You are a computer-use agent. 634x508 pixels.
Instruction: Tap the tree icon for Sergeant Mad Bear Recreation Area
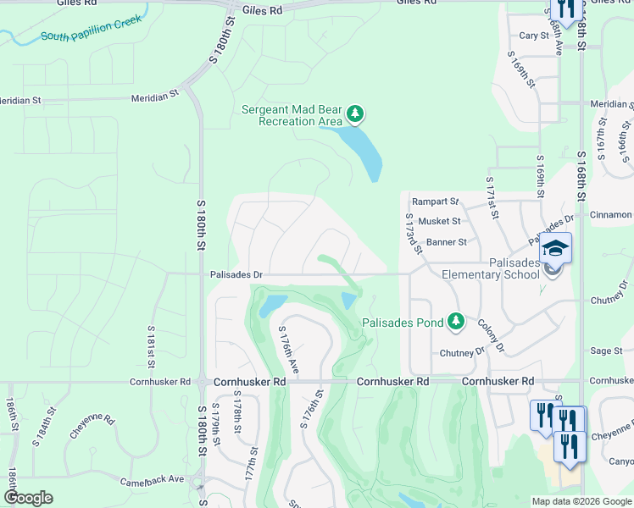pos(356,113)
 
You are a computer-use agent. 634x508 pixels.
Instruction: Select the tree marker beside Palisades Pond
pos(456,321)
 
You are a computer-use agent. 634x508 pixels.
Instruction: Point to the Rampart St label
pos(435,202)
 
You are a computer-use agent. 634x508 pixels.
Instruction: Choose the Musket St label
pos(439,221)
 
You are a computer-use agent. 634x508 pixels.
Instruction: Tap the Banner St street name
pos(446,242)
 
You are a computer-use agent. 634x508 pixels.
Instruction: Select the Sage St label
pos(606,351)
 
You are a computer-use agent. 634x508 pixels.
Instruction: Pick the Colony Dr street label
pos(490,335)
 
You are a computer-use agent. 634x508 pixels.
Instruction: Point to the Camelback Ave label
pos(153,478)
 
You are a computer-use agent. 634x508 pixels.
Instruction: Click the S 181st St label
pos(152,346)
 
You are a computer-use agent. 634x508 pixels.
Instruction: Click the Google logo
pos(28,498)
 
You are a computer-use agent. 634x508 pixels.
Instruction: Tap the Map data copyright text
pos(581,501)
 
